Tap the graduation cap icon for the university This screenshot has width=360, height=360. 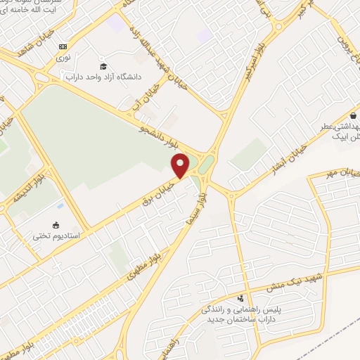[103, 66]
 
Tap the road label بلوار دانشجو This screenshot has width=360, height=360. [162, 133]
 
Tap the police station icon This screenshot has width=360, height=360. [242, 297]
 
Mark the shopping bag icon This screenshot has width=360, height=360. [352, 117]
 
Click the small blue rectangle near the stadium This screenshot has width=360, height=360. [61, 206]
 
